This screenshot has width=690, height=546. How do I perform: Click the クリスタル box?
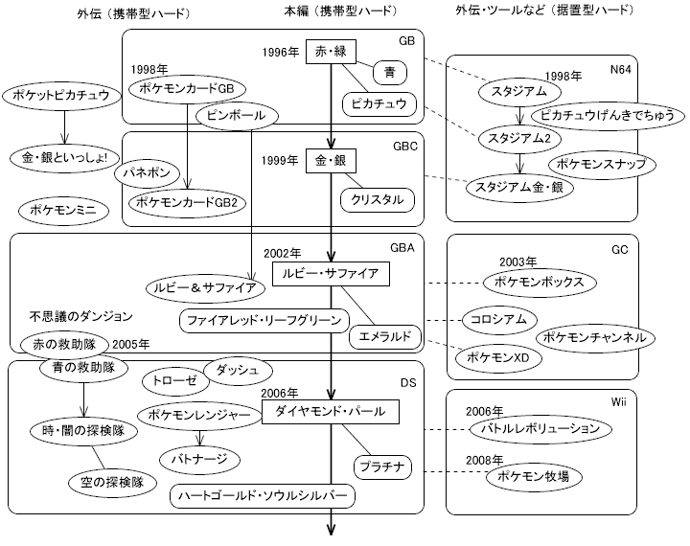(378, 200)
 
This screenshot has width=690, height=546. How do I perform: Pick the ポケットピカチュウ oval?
(62, 96)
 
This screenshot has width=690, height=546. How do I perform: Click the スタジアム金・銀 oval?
(517, 188)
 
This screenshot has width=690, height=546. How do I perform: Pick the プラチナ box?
(383, 466)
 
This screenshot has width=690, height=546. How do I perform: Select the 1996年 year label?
(279, 52)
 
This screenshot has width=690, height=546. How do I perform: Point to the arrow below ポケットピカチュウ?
(62, 126)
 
